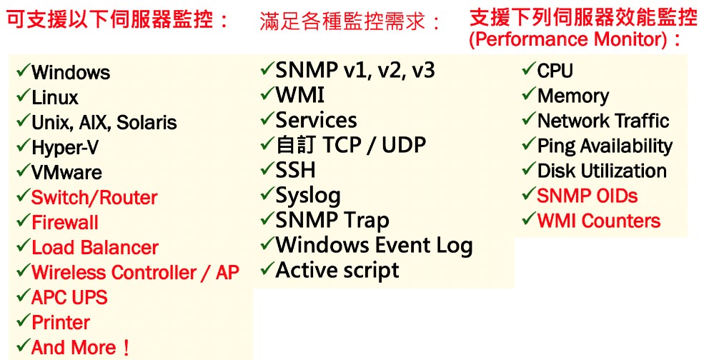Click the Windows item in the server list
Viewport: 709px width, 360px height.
[x=71, y=72]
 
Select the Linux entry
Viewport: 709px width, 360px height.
[x=55, y=98]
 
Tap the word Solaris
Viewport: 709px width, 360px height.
[x=147, y=122]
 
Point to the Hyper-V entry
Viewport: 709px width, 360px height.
[x=65, y=148]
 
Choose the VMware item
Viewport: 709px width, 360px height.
[x=67, y=173]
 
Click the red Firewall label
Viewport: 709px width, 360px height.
[x=64, y=223]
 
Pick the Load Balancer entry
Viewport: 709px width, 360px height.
[x=95, y=248]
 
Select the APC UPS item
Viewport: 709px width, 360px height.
[x=69, y=298]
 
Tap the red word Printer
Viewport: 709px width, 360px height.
[x=61, y=323]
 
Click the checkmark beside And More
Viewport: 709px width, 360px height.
[x=24, y=346]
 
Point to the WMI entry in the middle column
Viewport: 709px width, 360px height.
[x=299, y=95]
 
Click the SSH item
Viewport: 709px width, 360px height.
[x=295, y=170]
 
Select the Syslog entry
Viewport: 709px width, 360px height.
[x=308, y=196]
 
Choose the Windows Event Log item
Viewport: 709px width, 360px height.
[x=374, y=245]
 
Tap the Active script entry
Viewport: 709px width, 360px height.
[x=337, y=271]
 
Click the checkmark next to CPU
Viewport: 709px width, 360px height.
[x=529, y=69]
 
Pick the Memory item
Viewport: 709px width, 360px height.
[x=573, y=96]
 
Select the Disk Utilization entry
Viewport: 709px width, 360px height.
[x=602, y=171]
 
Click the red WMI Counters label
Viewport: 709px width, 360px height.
[x=599, y=221]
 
